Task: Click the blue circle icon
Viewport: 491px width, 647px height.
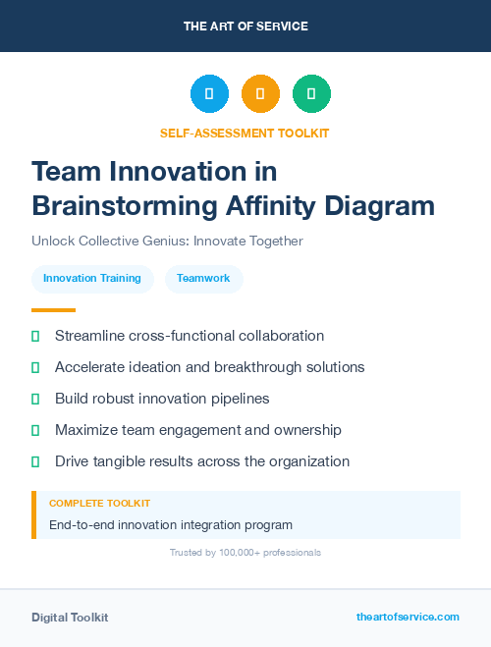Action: (x=209, y=93)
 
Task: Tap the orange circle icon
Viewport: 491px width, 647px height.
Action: (x=260, y=93)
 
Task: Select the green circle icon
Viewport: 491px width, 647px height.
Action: (x=311, y=93)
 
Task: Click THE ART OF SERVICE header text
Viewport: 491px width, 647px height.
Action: (x=245, y=27)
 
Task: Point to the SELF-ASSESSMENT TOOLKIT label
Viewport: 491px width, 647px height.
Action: (x=245, y=133)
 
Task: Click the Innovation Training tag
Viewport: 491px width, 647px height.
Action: (x=92, y=278)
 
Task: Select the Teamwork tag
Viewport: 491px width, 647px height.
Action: (x=203, y=278)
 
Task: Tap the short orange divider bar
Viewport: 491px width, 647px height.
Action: (x=47, y=310)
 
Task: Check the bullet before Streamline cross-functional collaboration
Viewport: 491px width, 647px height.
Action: (x=35, y=336)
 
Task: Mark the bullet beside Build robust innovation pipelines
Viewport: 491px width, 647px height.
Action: (x=35, y=399)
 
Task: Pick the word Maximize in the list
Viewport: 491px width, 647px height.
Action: (x=86, y=430)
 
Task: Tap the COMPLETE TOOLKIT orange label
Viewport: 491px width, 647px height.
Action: (x=100, y=503)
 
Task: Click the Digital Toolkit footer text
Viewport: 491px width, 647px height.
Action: (x=70, y=618)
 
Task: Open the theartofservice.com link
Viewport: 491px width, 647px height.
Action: (x=408, y=617)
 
